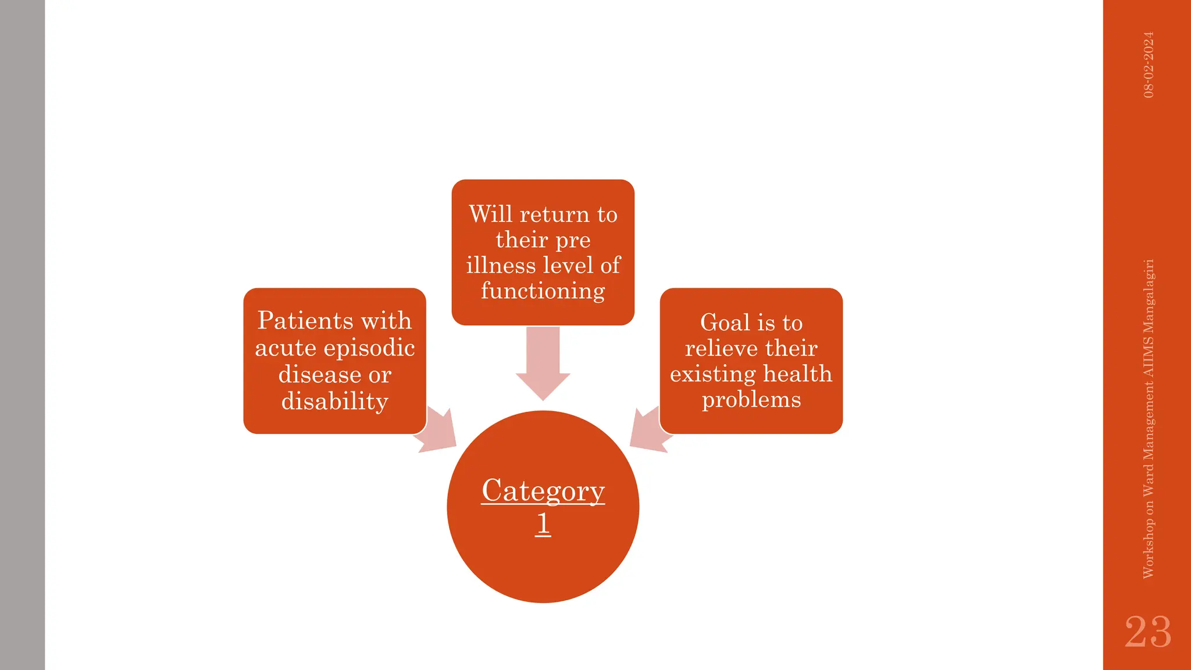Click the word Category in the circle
point(543,491)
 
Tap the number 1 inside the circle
point(543,523)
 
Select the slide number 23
point(1147,632)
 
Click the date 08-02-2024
point(1148,65)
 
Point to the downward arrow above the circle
point(543,363)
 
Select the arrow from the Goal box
point(649,431)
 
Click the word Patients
point(305,320)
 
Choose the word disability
point(334,401)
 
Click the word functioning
point(543,291)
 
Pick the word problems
point(751,400)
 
